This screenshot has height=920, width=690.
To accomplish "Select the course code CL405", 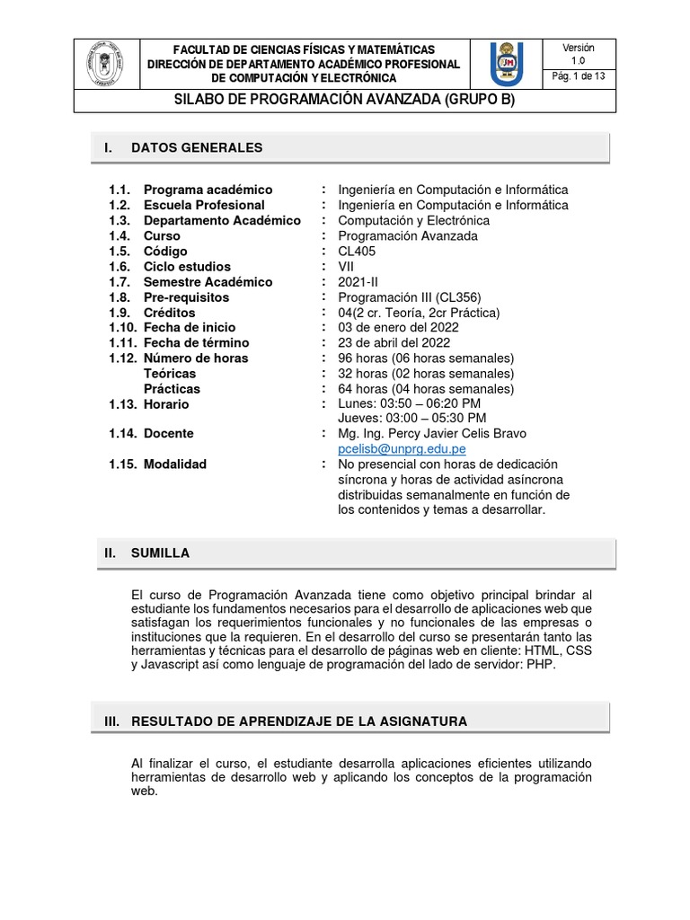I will click(357, 251).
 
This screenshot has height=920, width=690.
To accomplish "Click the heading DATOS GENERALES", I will click(197, 147).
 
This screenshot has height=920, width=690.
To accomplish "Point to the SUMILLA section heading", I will click(160, 553).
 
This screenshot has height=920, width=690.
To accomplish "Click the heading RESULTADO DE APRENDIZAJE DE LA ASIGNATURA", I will click(298, 721).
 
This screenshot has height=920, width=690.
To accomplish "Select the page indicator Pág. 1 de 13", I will click(578, 76).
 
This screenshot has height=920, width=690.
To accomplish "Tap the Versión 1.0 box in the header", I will click(578, 53).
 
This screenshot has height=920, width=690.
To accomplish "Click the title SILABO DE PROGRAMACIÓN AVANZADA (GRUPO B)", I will click(344, 100).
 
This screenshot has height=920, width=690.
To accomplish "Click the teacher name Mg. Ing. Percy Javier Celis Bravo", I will click(432, 433).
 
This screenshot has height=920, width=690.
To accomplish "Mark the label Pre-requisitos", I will click(186, 296).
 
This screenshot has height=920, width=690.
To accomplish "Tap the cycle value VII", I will click(346, 266).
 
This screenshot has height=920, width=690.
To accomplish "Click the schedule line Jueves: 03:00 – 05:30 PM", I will click(412, 418).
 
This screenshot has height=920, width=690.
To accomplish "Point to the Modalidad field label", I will click(174, 464).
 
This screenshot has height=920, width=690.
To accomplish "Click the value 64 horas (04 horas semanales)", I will click(426, 388).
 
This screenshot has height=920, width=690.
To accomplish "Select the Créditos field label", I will click(169, 312).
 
